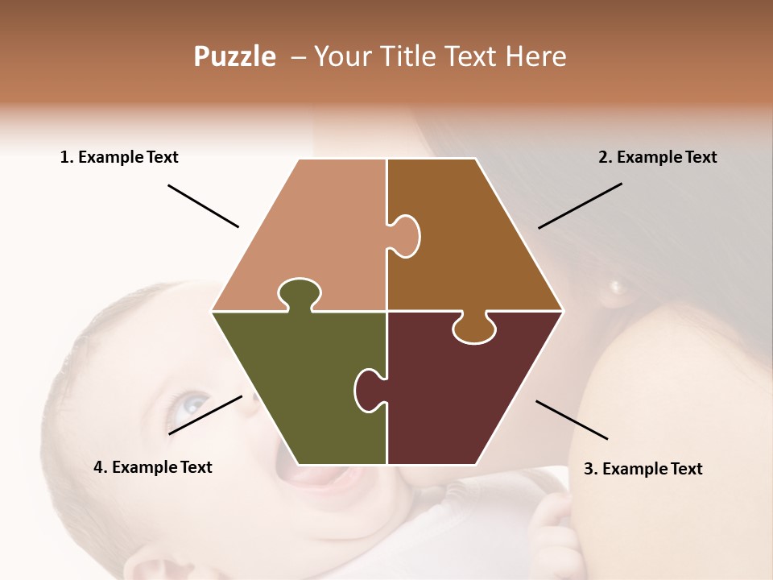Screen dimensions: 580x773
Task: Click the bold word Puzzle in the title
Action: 234,56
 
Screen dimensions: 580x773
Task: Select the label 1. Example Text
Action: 119,157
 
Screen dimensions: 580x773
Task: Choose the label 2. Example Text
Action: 657,157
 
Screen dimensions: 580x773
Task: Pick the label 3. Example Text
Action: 643,469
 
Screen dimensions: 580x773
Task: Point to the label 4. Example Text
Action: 153,467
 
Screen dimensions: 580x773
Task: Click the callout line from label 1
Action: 203,205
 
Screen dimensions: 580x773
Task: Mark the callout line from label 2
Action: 580,205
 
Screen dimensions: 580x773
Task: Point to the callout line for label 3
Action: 572,420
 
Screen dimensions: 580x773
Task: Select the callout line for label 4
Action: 205,415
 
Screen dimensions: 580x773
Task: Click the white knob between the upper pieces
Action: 406,235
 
